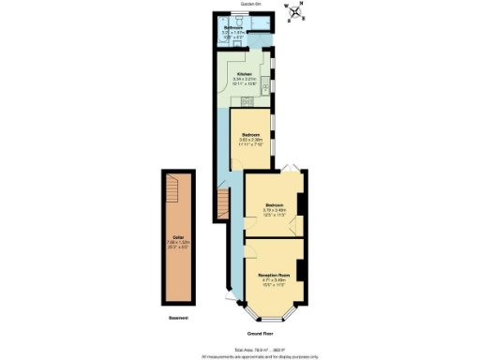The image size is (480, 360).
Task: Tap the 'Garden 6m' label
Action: [x=250, y=4]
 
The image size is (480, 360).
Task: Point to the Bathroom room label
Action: [x=234, y=28]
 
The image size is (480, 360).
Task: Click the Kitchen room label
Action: [x=245, y=72]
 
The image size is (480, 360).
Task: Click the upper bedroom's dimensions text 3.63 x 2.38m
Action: [x=249, y=141]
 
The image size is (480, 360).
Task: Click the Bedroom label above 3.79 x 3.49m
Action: [x=274, y=204]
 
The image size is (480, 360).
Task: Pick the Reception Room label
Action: [x=274, y=274]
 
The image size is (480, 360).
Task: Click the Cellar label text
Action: [x=178, y=237]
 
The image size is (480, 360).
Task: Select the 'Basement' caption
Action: [x=178, y=319]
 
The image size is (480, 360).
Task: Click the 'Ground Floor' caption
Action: [x=260, y=333]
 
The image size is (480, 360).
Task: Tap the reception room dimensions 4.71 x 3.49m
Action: [x=274, y=279]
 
